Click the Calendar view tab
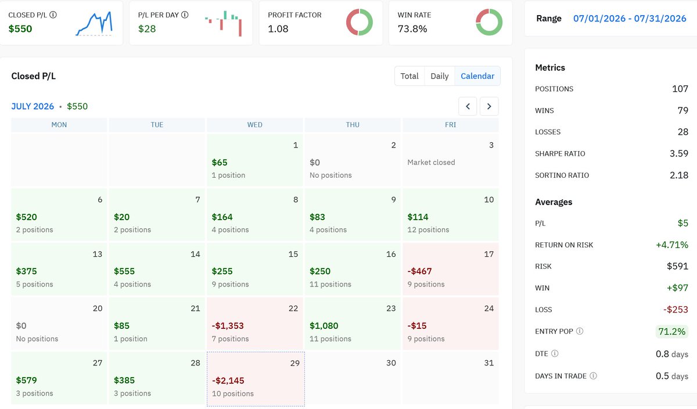[477, 76]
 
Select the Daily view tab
[439, 76]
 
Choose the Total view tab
[409, 76]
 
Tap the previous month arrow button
[468, 106]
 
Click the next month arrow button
[489, 106]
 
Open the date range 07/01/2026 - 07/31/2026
[630, 19]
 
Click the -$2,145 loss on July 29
[228, 381]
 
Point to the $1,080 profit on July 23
[324, 325]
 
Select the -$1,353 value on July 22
[228, 325]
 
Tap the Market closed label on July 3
[431, 162]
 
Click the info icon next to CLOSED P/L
[53, 15]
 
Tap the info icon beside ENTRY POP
[580, 331]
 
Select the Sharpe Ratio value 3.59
[678, 153]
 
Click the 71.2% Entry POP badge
[672, 332]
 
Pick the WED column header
[254, 125]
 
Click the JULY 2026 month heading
[33, 106]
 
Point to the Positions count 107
[680, 89]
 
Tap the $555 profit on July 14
[124, 271]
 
